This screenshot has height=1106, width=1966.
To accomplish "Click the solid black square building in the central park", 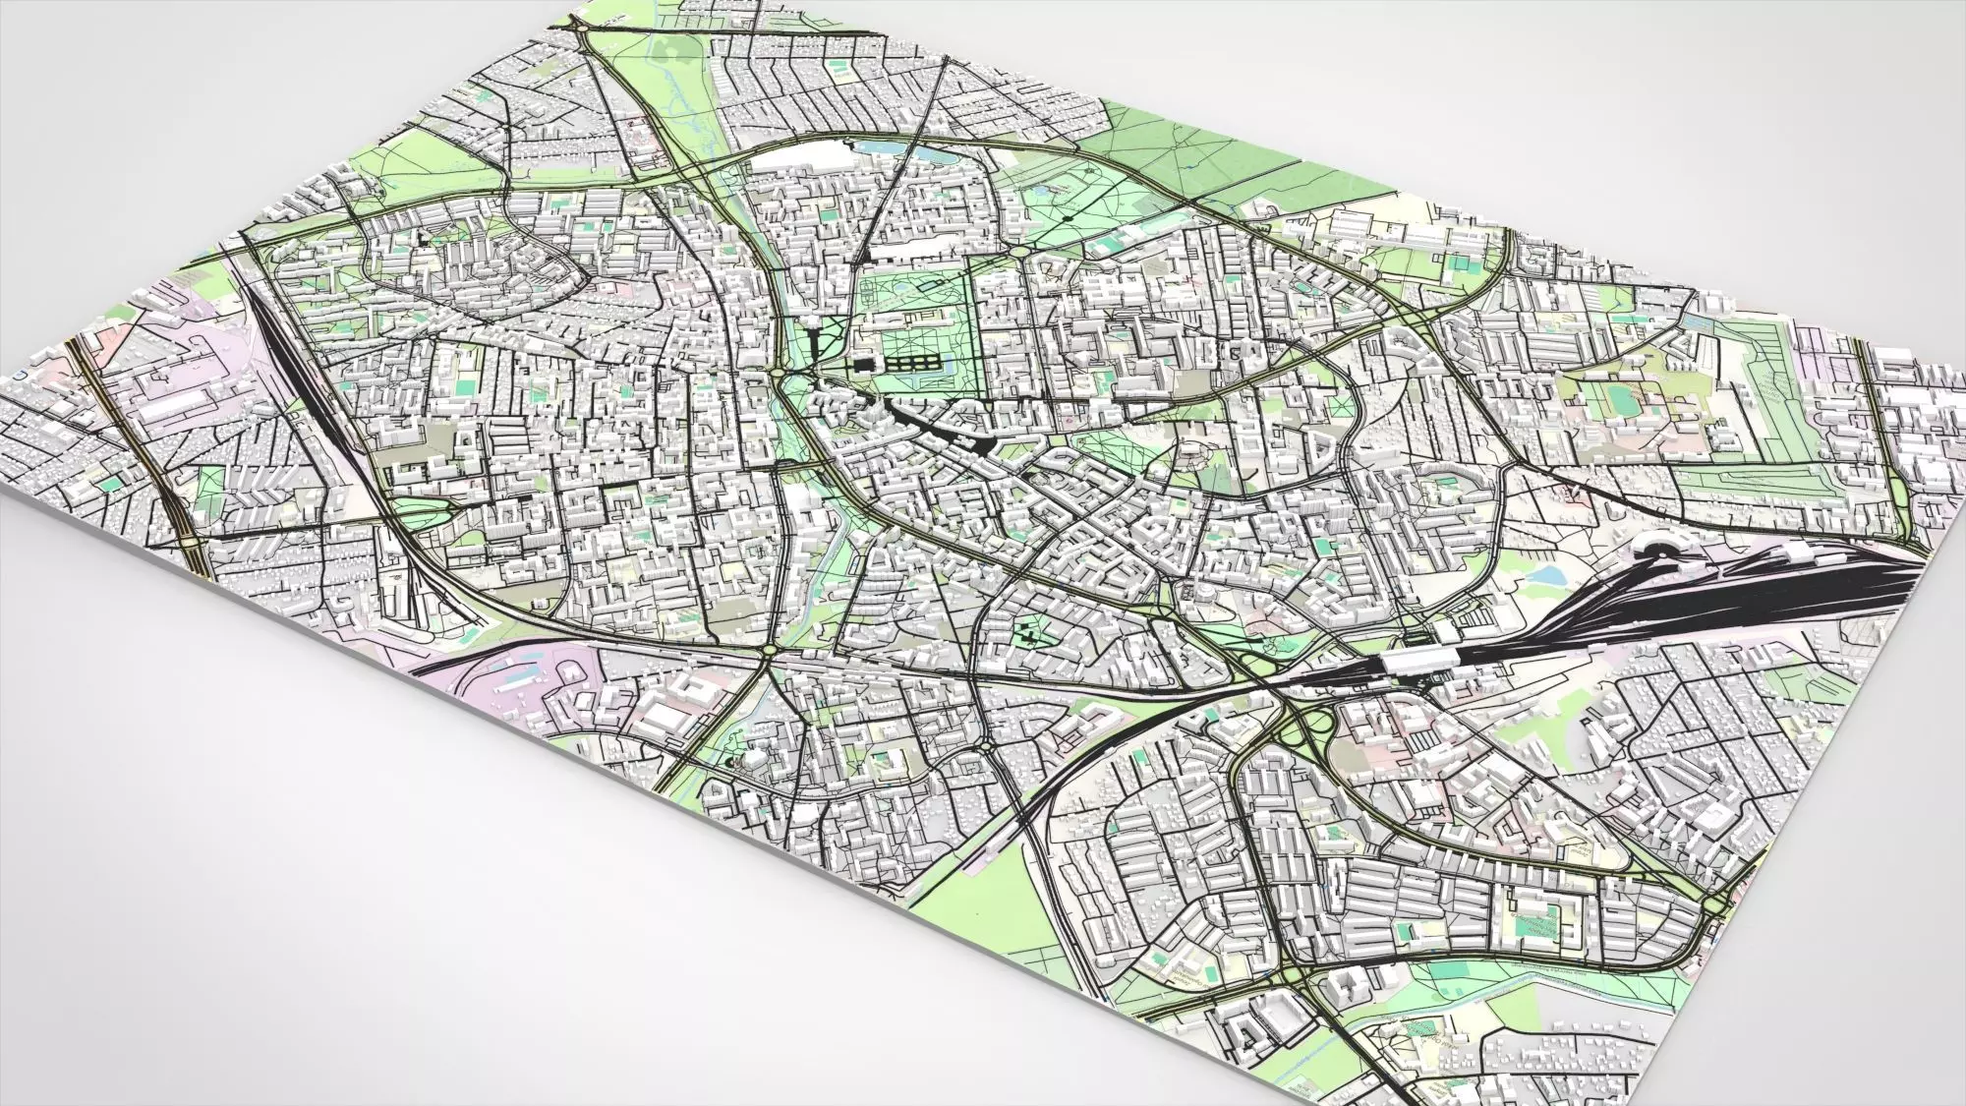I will point(863,365).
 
